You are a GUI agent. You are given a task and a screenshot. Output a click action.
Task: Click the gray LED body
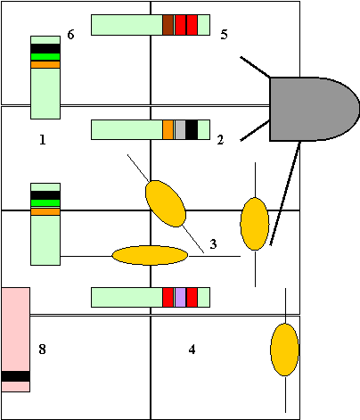point(312,109)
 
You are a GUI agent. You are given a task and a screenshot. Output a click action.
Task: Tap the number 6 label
point(70,35)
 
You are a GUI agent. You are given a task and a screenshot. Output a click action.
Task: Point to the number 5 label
point(224,35)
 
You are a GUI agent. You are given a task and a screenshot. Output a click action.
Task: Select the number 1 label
point(43,139)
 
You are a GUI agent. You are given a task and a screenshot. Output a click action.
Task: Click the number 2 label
point(220,140)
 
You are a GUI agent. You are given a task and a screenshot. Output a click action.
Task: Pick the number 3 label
point(213,244)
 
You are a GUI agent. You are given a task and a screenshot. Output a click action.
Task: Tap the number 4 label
point(192,350)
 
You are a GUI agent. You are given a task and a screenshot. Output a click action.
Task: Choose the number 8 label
point(42,350)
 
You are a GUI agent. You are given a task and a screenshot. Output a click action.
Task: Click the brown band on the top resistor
point(168,25)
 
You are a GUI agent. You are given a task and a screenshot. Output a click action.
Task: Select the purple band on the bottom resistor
point(180,297)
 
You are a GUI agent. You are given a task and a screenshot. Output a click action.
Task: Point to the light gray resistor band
point(180,129)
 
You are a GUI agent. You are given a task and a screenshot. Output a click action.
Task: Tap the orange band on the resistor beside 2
point(168,129)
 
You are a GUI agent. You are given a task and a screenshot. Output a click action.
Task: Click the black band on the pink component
point(16,376)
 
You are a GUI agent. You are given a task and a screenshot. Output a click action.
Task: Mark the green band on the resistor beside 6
point(45,57)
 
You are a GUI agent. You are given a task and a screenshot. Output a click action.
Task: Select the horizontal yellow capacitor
point(150,255)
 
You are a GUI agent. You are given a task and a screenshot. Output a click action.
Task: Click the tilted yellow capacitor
point(166,203)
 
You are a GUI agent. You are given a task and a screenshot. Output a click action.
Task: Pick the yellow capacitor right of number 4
point(284,350)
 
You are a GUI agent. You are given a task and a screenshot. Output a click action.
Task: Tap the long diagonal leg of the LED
point(285,194)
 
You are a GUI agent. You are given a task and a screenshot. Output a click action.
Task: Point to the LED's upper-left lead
point(256,67)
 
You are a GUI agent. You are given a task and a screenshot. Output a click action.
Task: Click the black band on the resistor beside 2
point(192,129)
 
